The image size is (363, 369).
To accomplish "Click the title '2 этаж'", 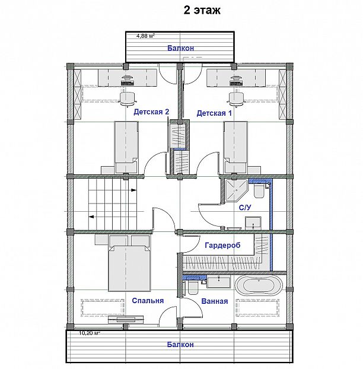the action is (202, 11).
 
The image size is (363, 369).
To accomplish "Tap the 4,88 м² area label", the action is (146, 36).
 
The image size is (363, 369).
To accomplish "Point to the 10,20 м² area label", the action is (90, 333).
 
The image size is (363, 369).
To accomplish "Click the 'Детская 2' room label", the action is (151, 112).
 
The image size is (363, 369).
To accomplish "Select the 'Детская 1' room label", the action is (214, 113).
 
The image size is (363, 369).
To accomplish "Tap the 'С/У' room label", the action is (245, 207).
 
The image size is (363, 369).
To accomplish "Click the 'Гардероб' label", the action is (222, 245).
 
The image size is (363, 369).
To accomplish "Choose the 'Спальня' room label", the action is (148, 301).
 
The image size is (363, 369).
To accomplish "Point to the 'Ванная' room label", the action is (215, 301).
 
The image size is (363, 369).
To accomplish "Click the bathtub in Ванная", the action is (259, 285).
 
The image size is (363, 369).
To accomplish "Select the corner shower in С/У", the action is (235, 190).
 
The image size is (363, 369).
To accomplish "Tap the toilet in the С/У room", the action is (259, 191).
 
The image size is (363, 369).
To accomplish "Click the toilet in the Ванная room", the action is (193, 288).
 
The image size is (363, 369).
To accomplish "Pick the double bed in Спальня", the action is (129, 268).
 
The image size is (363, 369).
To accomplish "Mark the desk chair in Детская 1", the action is (236, 99).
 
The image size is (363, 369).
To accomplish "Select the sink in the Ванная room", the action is (219, 282).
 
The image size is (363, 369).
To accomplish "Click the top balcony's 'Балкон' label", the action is (181, 48).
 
